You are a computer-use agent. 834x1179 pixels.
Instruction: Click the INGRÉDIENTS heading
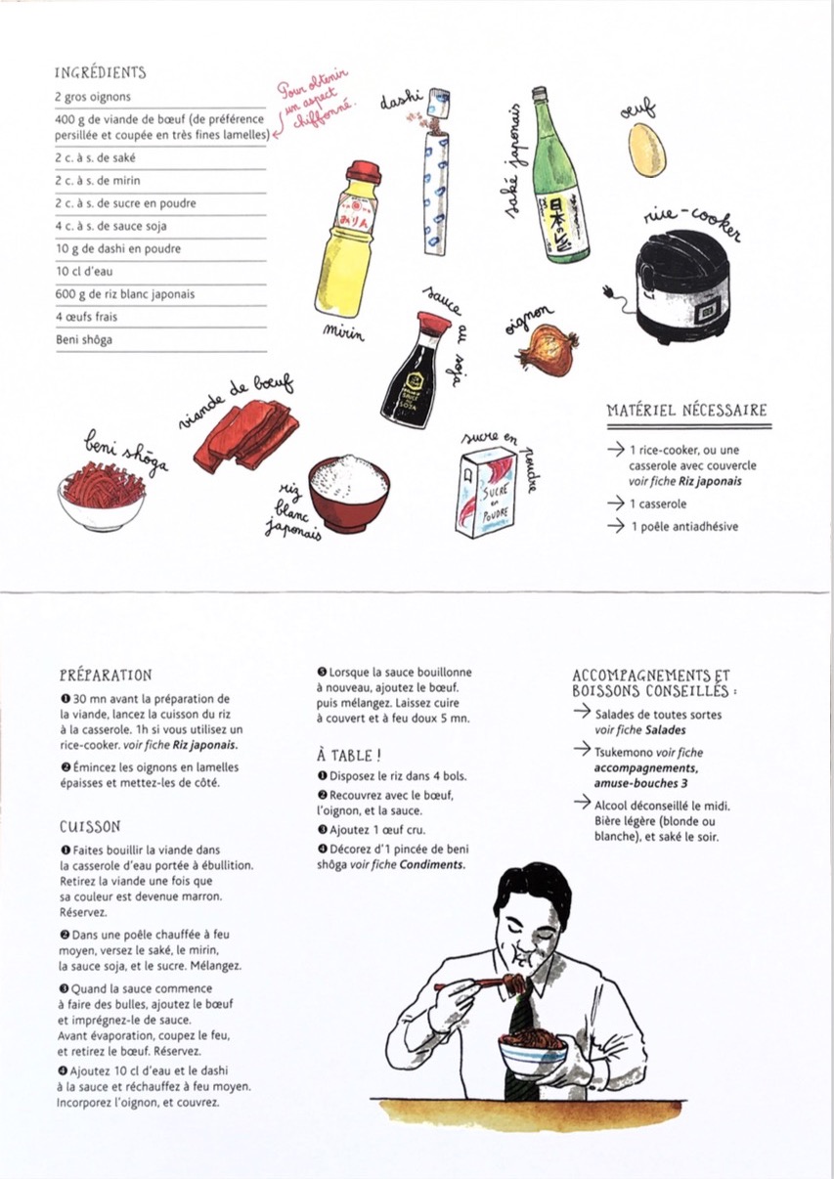(100, 72)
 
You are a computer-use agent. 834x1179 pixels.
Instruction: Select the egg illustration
(646, 150)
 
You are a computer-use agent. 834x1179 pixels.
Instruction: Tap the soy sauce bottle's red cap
(434, 322)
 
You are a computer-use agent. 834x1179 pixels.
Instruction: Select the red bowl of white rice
(349, 494)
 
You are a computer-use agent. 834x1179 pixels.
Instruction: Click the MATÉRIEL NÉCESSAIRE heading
(686, 410)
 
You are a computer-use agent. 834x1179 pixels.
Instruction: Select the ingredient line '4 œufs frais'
(86, 317)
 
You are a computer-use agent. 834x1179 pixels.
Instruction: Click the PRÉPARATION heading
(106, 676)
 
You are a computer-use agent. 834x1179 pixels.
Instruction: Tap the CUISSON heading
(90, 827)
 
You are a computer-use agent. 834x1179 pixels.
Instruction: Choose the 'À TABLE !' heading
(348, 756)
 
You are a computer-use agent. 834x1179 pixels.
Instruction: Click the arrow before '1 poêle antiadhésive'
(616, 525)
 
